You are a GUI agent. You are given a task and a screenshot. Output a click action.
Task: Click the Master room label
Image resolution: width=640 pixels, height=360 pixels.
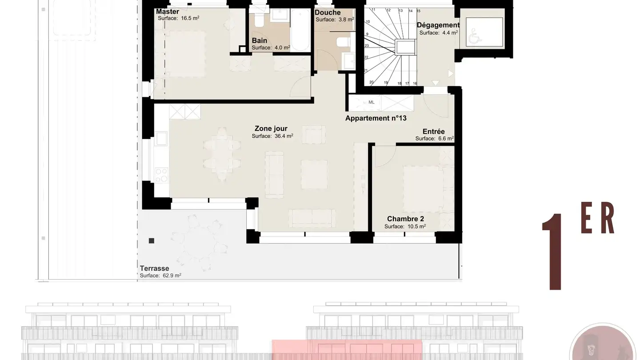click(168, 12)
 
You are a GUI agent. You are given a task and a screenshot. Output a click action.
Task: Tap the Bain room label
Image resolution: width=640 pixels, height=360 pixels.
click(260, 40)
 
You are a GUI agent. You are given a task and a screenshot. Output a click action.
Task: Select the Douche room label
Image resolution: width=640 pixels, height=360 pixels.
click(328, 12)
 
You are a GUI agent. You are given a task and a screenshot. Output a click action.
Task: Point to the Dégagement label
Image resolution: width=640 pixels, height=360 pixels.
click(438, 25)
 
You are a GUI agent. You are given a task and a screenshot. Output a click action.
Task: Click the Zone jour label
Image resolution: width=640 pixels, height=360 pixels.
click(271, 128)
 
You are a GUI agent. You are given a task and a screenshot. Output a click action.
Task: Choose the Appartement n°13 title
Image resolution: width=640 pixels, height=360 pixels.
click(376, 118)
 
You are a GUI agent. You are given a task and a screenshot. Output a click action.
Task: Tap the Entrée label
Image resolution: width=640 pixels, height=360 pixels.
click(433, 132)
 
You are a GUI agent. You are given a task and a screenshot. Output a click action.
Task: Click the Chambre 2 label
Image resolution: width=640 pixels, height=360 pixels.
click(405, 219)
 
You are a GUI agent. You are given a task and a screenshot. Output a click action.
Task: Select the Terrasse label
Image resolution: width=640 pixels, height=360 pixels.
click(154, 268)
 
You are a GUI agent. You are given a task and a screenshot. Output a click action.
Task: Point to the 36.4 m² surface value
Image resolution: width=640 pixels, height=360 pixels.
click(284, 136)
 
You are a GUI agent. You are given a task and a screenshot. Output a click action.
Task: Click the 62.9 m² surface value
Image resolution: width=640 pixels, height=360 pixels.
click(172, 276)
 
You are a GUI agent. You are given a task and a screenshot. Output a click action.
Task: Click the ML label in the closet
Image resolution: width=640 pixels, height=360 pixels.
click(372, 102)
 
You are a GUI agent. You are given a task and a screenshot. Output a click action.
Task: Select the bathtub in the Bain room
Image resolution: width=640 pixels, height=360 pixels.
click(300, 30)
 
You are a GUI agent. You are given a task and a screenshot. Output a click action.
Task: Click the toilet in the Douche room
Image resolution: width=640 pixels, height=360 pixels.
click(343, 42)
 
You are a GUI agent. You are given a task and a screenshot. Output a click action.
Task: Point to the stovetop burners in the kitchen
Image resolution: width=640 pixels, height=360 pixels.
click(161, 175)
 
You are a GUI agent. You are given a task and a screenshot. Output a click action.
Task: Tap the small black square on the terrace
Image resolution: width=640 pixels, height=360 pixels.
click(152, 241)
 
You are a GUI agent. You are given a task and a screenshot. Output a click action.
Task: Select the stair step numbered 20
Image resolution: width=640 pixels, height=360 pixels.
click(372, 82)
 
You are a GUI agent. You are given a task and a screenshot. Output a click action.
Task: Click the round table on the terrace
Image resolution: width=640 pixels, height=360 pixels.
click(199, 243)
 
